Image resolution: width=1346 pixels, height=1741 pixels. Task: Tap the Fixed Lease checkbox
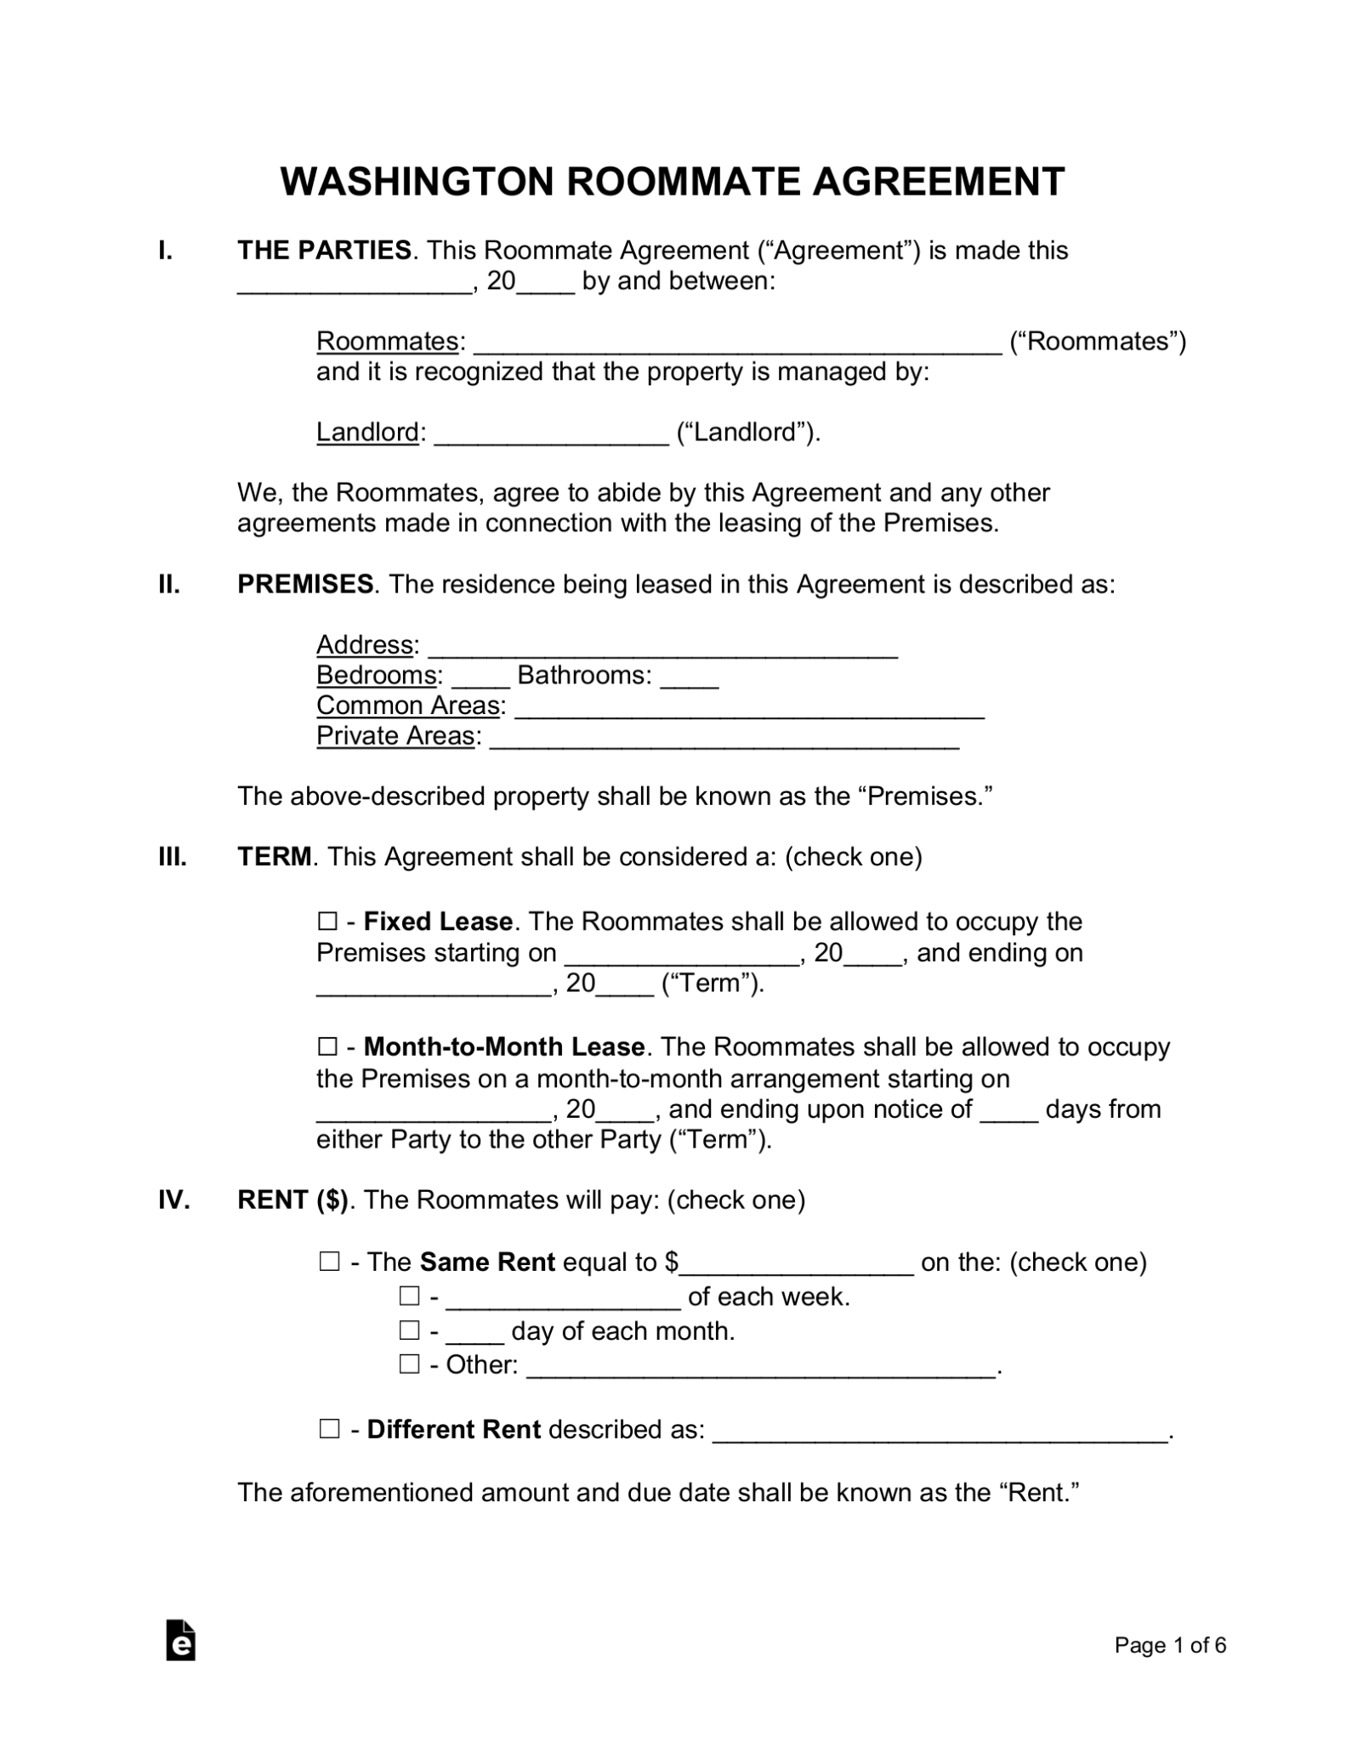tap(327, 922)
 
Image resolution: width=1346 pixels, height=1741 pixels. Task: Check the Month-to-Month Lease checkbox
tap(327, 1046)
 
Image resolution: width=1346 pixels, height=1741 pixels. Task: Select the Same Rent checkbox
tap(329, 1262)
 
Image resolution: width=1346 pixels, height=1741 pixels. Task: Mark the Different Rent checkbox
tap(329, 1429)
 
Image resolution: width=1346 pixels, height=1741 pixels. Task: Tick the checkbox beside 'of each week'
tap(410, 1296)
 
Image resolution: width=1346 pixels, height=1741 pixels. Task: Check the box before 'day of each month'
tap(410, 1330)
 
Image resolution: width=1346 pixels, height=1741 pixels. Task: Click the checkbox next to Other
tap(410, 1364)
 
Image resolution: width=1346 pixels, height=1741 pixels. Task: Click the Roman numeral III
tap(173, 856)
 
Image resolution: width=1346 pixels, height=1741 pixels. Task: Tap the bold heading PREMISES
tap(305, 584)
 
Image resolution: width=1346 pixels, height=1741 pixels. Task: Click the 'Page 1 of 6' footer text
tap(1170, 1646)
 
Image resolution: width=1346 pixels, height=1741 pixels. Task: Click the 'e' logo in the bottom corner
tap(180, 1641)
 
